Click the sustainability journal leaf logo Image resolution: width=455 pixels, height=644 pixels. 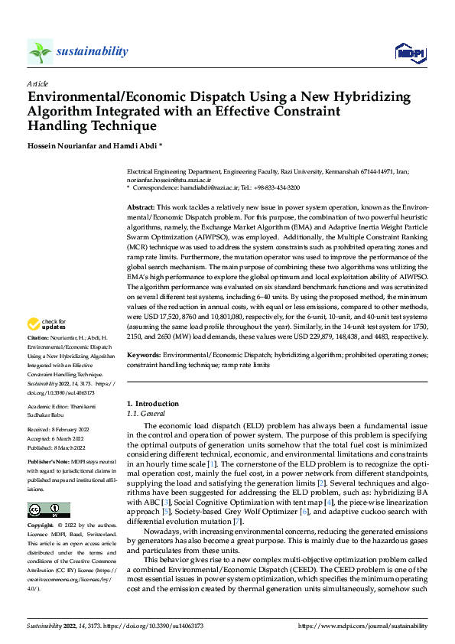point(40,52)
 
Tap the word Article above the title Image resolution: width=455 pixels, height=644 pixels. point(37,83)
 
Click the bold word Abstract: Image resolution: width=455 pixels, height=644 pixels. point(141,208)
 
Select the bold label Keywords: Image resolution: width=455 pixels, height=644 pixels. point(144,356)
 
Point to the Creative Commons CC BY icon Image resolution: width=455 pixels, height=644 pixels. point(48,510)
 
